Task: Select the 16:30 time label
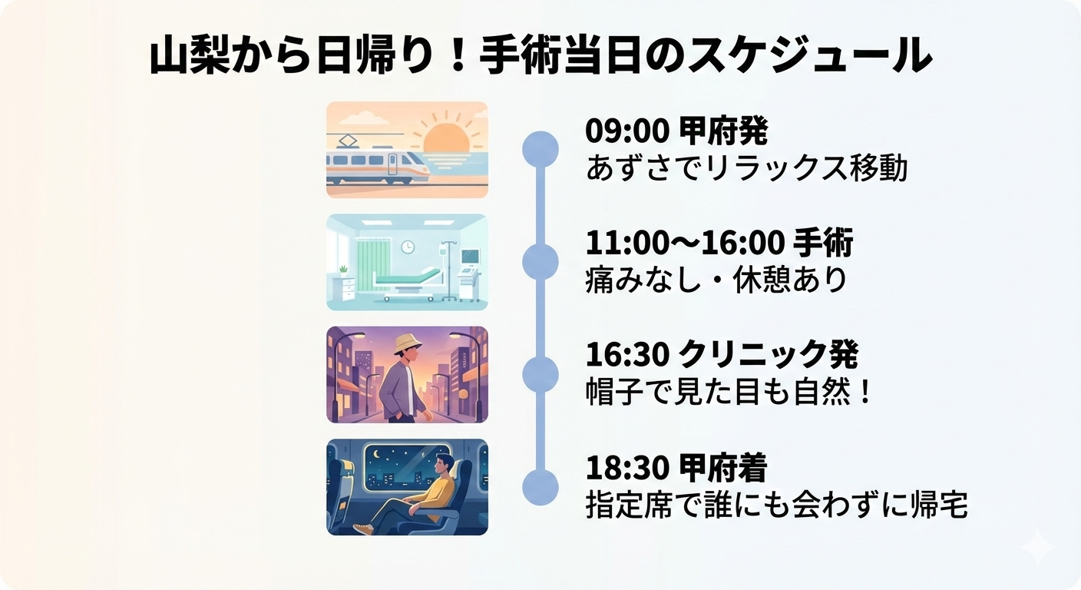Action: (628, 356)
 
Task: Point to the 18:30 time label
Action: (628, 468)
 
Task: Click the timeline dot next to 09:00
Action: (540, 149)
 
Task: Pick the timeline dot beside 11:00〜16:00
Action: (540, 262)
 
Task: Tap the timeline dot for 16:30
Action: (540, 374)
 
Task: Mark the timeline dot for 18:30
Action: (540, 487)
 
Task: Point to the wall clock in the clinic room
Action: (408, 247)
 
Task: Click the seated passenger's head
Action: (444, 465)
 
